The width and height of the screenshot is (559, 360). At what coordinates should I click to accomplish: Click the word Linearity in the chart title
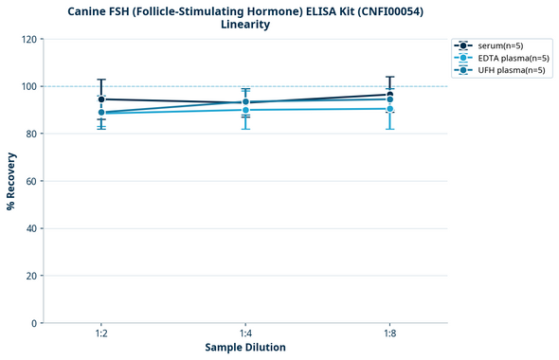click(245, 25)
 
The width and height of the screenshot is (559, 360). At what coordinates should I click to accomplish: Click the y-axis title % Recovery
click(11, 180)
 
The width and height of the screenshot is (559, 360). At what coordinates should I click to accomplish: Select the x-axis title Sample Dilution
click(245, 348)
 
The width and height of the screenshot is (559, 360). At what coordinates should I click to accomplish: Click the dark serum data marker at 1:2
click(101, 99)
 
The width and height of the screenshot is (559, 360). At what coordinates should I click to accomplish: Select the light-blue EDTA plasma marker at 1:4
click(245, 110)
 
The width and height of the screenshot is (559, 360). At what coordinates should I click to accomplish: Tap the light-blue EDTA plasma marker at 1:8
click(389, 109)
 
